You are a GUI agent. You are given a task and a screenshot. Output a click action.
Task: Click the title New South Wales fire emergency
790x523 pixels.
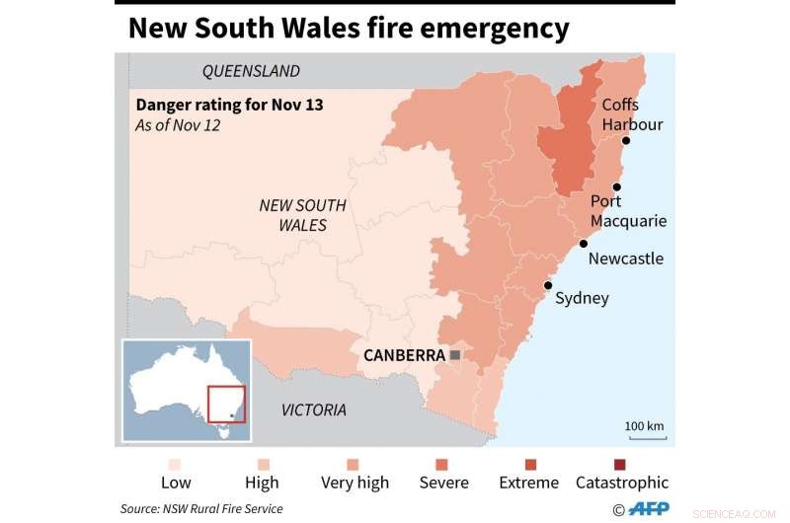[349, 28]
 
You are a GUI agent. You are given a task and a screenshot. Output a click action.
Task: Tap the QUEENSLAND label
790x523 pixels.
[251, 71]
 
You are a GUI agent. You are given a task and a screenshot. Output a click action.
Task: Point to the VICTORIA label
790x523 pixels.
[314, 410]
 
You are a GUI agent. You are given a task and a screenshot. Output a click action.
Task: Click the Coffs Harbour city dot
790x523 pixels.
[625, 141]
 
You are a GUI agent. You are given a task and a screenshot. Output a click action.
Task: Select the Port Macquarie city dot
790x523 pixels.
[617, 187]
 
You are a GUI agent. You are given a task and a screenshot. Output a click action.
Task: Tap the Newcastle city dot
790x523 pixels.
[584, 244]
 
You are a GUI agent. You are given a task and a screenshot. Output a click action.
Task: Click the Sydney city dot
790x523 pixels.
[548, 285]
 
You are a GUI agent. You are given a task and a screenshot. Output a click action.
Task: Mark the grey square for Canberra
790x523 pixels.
[454, 354]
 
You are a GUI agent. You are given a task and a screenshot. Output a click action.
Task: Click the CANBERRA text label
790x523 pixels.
[405, 355]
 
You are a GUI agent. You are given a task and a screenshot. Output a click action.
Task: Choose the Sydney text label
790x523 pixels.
[582, 298]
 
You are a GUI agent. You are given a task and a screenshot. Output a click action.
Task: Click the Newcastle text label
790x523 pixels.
[625, 259]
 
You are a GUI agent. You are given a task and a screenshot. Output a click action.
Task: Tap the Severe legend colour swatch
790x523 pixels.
[441, 464]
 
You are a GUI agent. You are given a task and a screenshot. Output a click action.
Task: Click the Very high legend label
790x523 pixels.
[355, 483]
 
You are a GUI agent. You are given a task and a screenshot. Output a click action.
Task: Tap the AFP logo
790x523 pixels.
[649, 509]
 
